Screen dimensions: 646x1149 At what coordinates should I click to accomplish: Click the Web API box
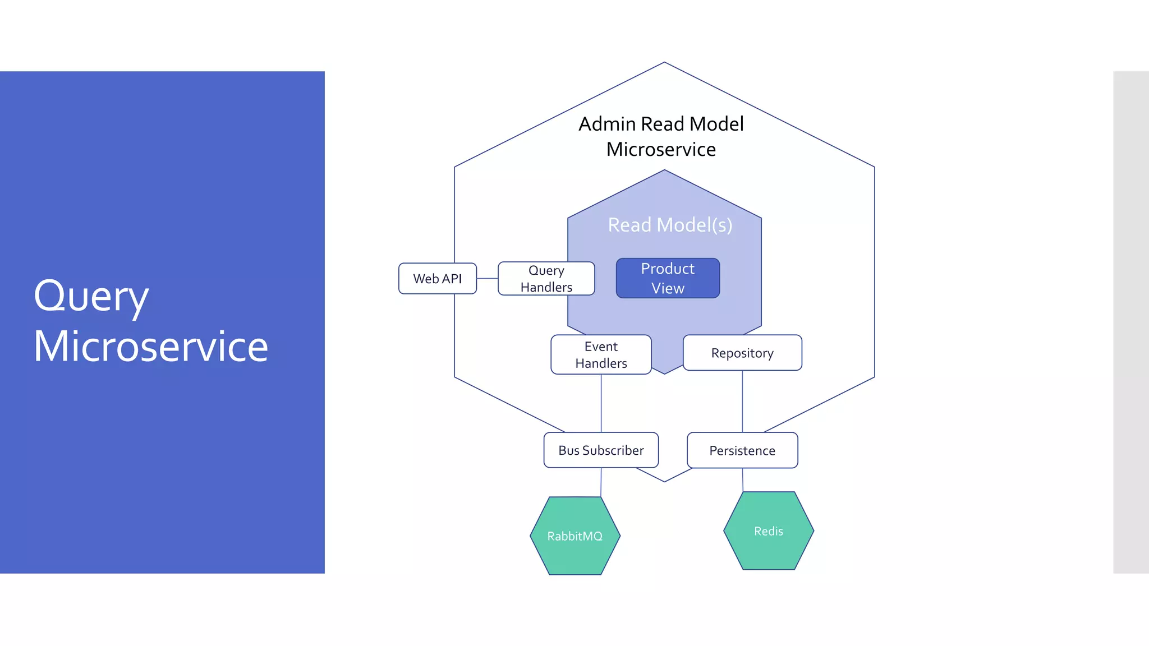(437, 279)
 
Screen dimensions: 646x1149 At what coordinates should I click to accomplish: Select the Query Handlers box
(546, 279)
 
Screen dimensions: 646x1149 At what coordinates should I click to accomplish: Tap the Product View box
(668, 278)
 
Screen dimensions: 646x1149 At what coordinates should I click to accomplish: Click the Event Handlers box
(601, 354)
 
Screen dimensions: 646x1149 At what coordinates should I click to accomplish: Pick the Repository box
(742, 353)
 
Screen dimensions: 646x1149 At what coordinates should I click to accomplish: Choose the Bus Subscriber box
(601, 450)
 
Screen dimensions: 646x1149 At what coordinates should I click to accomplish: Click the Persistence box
(742, 450)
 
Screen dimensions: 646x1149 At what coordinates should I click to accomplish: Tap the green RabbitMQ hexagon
(575, 536)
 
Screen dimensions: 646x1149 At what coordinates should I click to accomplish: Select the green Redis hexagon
(768, 531)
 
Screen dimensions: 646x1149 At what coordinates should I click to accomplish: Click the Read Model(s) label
(670, 225)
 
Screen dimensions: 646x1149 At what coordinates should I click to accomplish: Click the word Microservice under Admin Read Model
(661, 150)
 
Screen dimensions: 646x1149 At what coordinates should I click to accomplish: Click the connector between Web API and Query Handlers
(487, 278)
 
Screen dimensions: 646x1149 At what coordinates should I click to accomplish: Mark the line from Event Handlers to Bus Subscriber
(601, 404)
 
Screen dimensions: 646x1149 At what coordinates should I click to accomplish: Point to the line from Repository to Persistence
(742, 402)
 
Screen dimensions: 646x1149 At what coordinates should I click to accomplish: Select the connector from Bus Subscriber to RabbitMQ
(601, 482)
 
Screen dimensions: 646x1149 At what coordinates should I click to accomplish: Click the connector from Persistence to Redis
(743, 480)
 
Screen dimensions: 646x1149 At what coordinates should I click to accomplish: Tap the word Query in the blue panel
(91, 296)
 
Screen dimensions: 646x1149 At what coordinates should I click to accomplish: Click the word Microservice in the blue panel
(150, 347)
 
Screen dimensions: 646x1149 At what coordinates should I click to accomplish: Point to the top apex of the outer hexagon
(664, 63)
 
